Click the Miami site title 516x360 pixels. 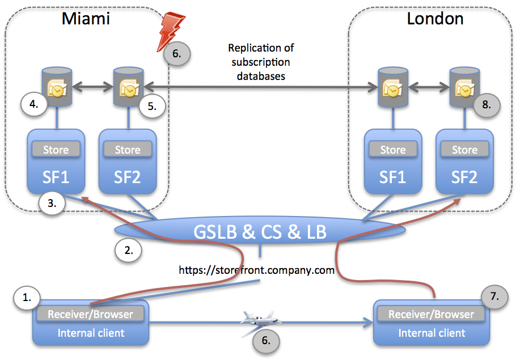coord(86,19)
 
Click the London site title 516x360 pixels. coord(435,18)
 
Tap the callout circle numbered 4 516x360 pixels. coord(33,104)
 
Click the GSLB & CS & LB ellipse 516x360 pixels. coord(260,232)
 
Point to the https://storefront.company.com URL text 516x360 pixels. coord(256,270)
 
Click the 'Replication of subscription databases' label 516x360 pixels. coord(261,62)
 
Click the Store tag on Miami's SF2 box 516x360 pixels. coord(128,150)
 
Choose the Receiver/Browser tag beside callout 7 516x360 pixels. coord(432,314)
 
